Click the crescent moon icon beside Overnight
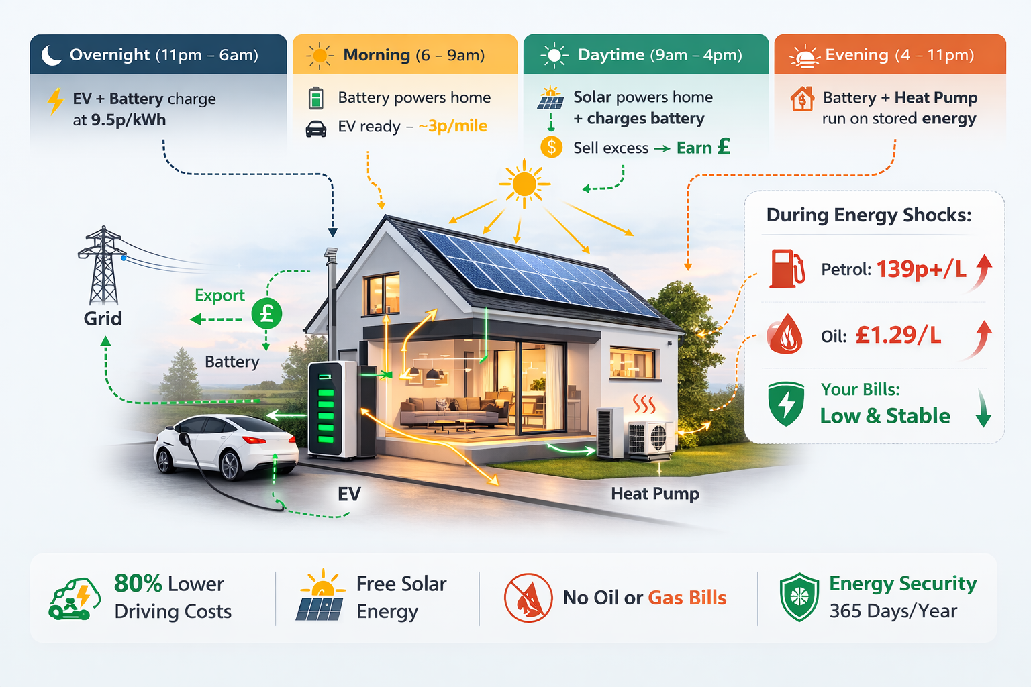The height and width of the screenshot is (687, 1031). pyautogui.click(x=51, y=55)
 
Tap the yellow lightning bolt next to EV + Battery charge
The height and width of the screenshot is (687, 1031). pyautogui.click(x=55, y=102)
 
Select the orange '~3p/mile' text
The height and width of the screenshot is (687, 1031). pyautogui.click(x=453, y=126)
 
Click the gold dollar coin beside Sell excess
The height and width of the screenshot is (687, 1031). pyautogui.click(x=551, y=147)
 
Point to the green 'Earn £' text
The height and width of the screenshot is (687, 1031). pyautogui.click(x=703, y=147)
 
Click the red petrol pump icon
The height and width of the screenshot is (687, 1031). pyautogui.click(x=786, y=268)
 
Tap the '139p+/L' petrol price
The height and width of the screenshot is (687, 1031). pyautogui.click(x=921, y=269)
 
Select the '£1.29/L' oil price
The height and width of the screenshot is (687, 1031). pyautogui.click(x=898, y=335)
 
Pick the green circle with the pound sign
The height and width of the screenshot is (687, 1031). pyautogui.click(x=266, y=313)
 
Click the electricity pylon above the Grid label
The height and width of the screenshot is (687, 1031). pyautogui.click(x=103, y=266)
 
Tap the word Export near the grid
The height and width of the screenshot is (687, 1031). pyautogui.click(x=219, y=295)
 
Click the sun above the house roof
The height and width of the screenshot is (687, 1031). pyautogui.click(x=524, y=182)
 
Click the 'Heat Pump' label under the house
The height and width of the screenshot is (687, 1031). pyautogui.click(x=654, y=494)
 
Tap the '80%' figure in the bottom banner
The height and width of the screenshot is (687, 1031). pyautogui.click(x=138, y=584)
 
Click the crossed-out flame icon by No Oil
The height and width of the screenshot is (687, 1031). pyautogui.click(x=528, y=597)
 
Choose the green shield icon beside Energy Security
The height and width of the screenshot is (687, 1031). pyautogui.click(x=799, y=596)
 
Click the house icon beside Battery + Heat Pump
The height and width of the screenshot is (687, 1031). pyautogui.click(x=801, y=99)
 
